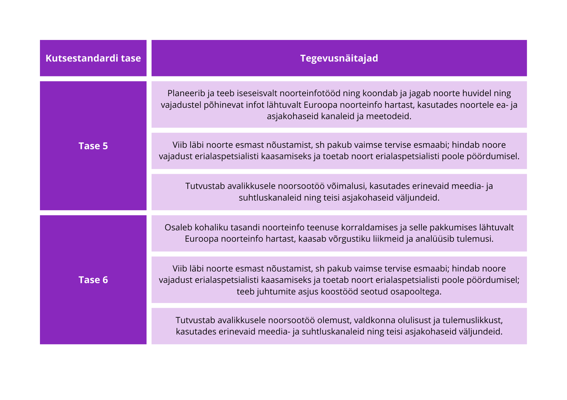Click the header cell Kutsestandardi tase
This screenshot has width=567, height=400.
point(93,58)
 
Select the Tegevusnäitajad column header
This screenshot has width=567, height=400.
point(339,58)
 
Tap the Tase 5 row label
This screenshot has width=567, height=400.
point(93,146)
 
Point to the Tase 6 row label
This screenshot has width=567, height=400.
point(93,280)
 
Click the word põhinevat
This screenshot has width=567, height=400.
point(223,105)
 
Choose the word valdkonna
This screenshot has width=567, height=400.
point(374,320)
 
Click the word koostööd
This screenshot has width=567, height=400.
point(340,292)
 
